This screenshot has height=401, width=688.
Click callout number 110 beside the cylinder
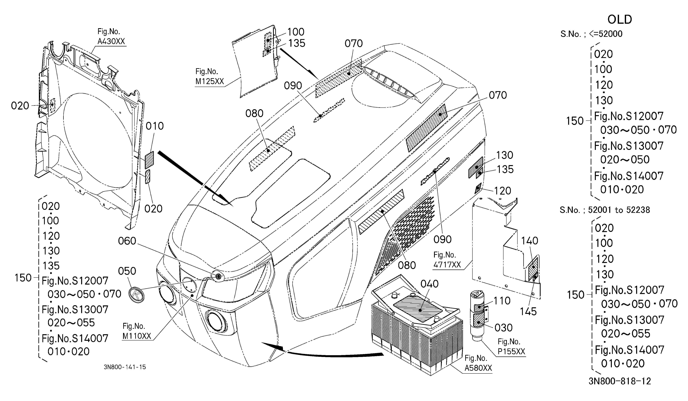(502, 301)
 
